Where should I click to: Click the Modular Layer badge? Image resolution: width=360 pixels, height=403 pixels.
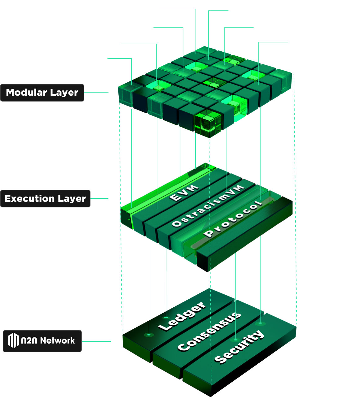click(42, 93)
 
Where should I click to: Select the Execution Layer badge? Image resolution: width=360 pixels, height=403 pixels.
click(45, 199)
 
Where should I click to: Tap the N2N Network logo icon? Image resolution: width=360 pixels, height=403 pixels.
click(13, 340)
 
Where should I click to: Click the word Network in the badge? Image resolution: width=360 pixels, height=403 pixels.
click(57, 341)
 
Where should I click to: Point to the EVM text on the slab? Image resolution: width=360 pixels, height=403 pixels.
click(184, 193)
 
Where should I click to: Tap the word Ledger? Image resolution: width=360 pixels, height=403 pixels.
click(182, 315)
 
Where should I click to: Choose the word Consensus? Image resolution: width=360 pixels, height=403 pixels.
click(209, 331)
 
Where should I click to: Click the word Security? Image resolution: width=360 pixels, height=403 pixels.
click(239, 346)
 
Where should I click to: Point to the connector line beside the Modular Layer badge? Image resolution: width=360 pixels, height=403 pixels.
click(96, 92)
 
